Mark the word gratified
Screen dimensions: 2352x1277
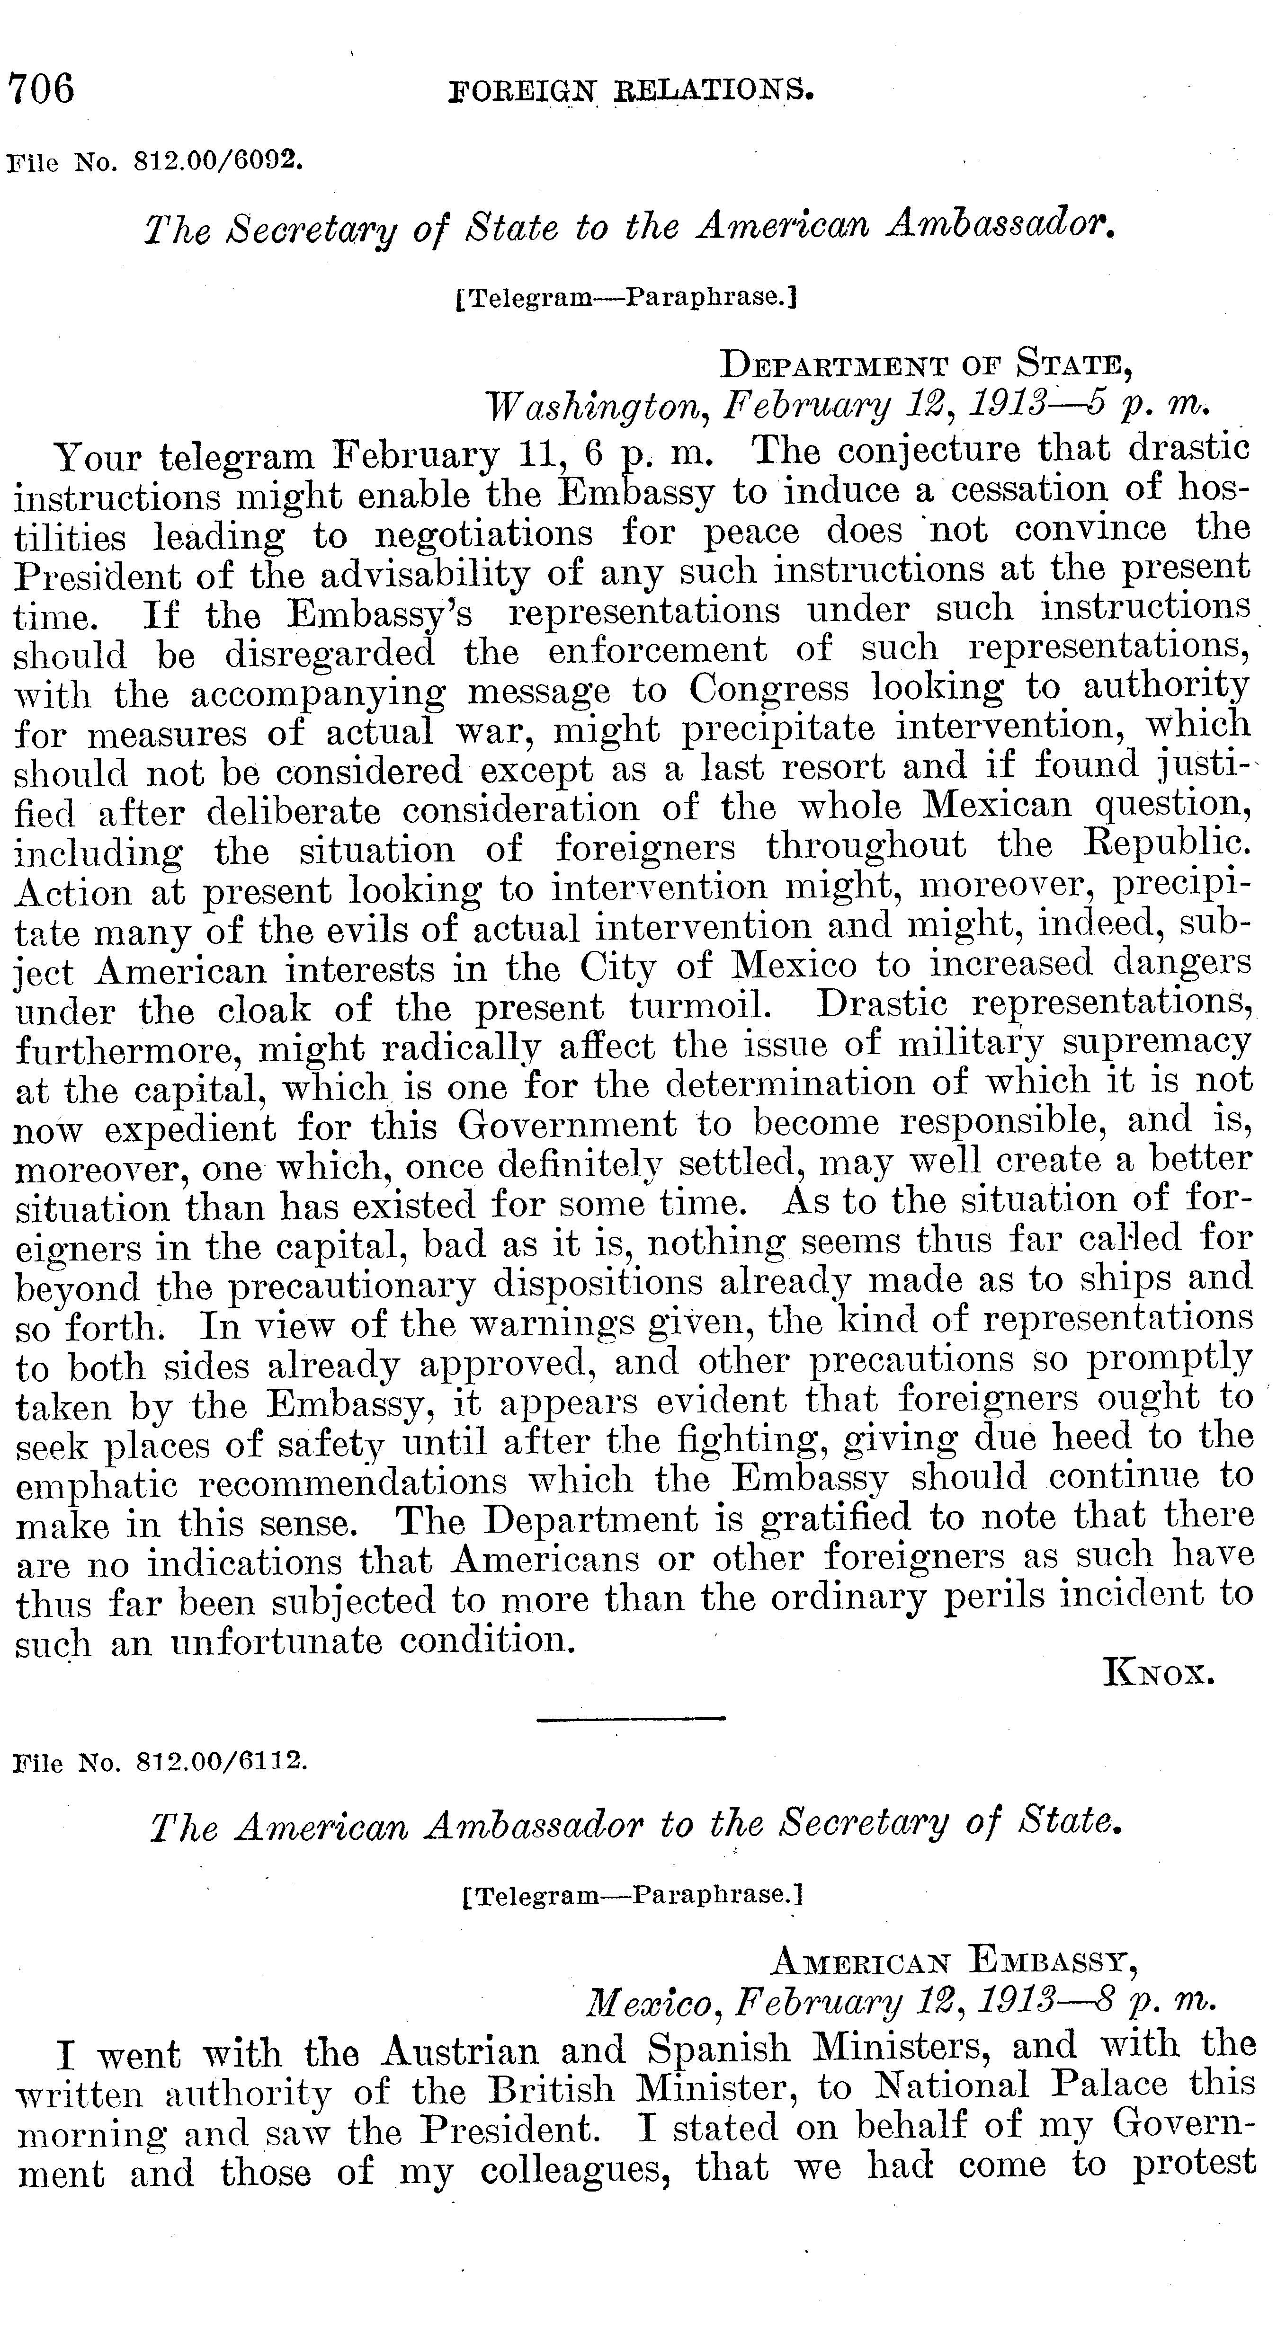coord(835,1518)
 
